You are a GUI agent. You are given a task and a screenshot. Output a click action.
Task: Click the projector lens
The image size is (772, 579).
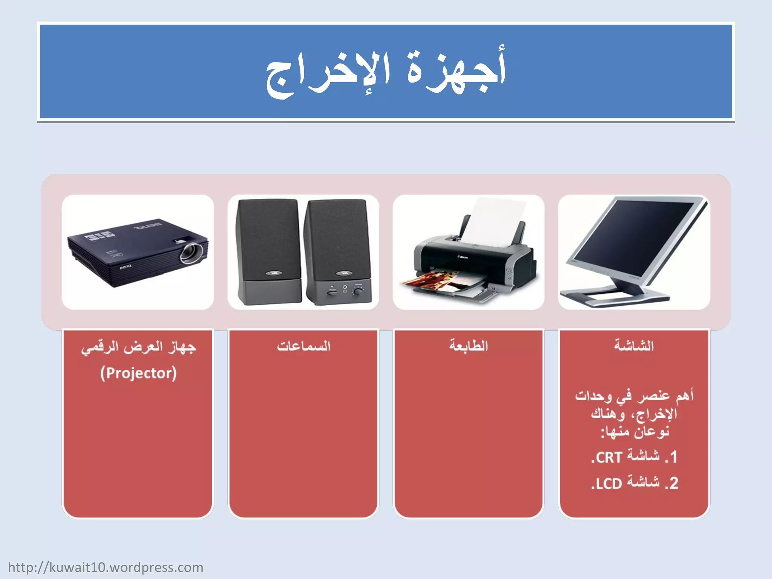190,253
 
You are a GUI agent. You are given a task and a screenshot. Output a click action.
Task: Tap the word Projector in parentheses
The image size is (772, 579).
138,373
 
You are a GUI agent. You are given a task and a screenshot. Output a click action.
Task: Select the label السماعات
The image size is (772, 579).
303,346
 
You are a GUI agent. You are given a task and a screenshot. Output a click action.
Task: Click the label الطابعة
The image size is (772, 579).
469,346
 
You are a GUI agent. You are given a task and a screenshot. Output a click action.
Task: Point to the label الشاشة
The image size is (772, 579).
634,346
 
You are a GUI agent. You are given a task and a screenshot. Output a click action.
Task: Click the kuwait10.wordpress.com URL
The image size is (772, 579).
106,567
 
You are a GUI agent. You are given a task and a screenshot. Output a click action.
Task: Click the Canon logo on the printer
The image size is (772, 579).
463,257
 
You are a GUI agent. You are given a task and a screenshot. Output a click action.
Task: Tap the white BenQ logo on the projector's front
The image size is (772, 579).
126,267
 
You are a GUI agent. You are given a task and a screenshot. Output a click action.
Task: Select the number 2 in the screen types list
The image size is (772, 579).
674,483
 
